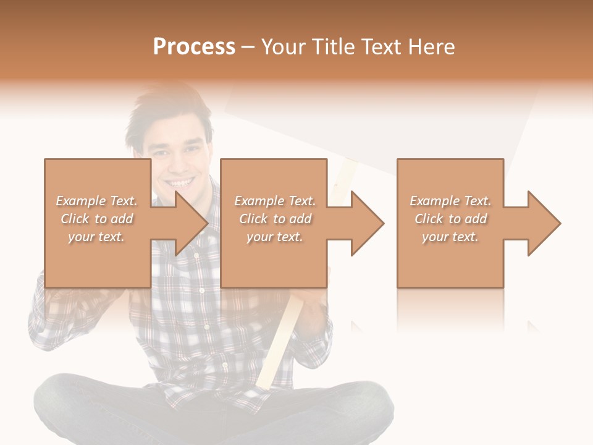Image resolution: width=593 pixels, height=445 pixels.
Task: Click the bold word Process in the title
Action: [194, 47]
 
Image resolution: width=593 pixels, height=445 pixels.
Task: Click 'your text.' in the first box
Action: [96, 237]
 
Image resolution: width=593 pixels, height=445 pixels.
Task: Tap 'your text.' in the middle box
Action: [274, 237]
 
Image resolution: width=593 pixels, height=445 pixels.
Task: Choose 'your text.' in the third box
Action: [450, 237]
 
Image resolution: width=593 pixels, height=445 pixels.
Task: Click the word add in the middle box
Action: [300, 219]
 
